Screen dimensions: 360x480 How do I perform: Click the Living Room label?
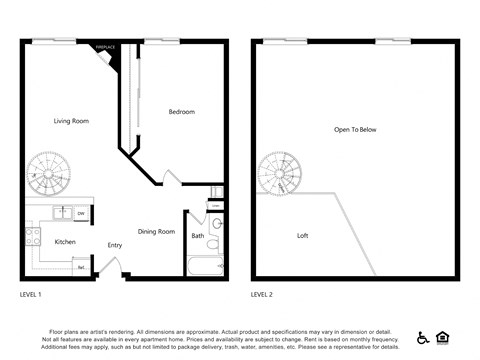(x=71, y=121)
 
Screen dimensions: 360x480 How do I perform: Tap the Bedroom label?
(x=181, y=111)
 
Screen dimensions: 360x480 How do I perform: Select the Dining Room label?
(x=156, y=231)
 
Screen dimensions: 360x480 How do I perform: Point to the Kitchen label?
(x=64, y=241)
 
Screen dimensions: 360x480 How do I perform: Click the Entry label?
(x=114, y=245)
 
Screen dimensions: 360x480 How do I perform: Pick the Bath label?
(x=197, y=236)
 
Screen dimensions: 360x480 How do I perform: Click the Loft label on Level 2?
(x=302, y=236)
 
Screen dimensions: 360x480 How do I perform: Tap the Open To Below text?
(x=355, y=129)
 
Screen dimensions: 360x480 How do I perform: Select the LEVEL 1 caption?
(x=31, y=295)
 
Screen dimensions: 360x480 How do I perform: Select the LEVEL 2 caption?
(x=262, y=295)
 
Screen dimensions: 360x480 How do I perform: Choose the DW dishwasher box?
(x=80, y=213)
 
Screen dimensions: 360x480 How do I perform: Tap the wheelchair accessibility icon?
(x=423, y=338)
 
